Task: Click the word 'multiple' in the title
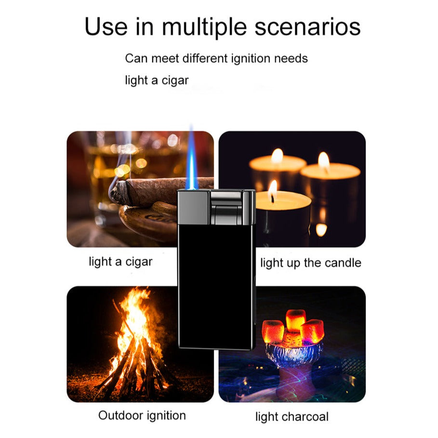point(204,27)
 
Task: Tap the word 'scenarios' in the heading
point(307,27)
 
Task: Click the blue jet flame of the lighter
point(192,159)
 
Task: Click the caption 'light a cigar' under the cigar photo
point(120,262)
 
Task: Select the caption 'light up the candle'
point(311,263)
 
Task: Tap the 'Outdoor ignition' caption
point(142,415)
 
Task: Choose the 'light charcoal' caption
point(292,417)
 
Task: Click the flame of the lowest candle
point(273,190)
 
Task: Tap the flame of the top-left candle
point(278,156)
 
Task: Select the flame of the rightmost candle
point(324,161)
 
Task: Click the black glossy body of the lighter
point(216,285)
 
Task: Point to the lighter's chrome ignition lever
point(226,207)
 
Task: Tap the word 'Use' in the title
point(106,27)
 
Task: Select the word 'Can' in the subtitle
point(136,59)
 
